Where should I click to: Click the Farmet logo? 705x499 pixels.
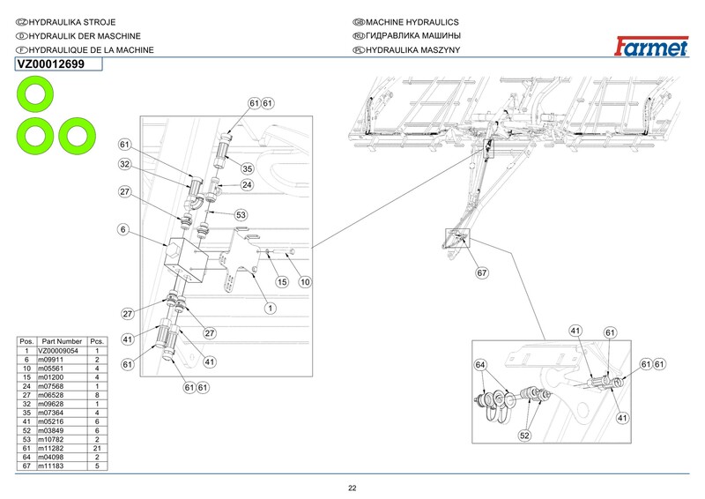click(652, 45)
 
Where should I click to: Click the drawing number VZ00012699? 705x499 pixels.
click(51, 64)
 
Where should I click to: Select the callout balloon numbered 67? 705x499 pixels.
click(482, 272)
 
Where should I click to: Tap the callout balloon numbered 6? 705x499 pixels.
click(124, 229)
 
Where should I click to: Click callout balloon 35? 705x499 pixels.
click(248, 169)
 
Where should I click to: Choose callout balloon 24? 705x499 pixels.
click(247, 185)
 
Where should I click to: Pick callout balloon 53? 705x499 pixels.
click(241, 214)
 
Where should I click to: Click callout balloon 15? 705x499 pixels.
click(282, 282)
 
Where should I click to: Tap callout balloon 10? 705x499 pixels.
click(306, 282)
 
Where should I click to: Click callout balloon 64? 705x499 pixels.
click(480, 364)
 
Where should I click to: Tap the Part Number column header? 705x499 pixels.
click(61, 340)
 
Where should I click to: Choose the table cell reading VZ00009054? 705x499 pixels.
click(58, 351)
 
